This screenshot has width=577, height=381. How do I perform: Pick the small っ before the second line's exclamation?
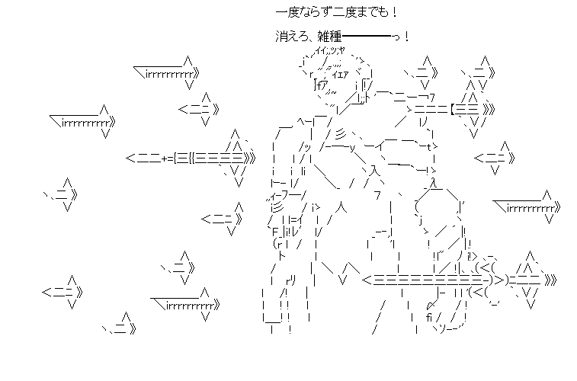tap(399, 37)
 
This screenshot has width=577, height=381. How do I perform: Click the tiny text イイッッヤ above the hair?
tap(329, 50)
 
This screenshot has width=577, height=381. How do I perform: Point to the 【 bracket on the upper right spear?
tap(453, 109)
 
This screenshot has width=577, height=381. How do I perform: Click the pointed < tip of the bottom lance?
tap(367, 281)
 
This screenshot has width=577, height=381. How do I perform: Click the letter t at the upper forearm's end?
tap(431, 146)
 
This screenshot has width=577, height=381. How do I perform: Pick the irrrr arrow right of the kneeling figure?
tap(527, 207)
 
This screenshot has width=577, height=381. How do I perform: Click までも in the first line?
tap(378, 13)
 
